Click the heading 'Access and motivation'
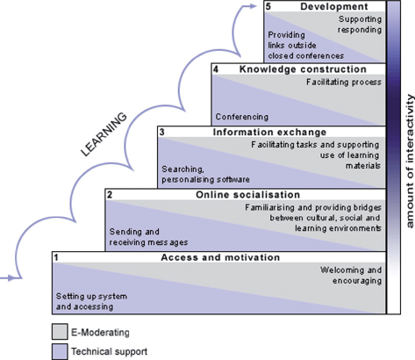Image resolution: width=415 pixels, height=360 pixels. [x=220, y=258]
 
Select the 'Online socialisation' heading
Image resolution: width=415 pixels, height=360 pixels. [x=247, y=194]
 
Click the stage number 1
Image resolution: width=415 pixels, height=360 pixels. [x=55, y=258]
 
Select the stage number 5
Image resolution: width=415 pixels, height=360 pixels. [x=270, y=7]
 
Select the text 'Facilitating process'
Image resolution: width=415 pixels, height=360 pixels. [x=344, y=83]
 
